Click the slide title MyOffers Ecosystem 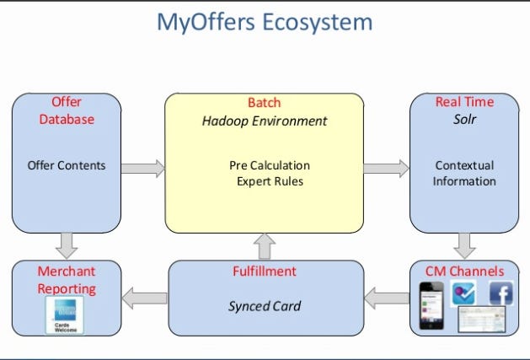[265, 22]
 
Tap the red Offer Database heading [67, 110]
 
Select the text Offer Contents [67, 165]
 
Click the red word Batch [264, 102]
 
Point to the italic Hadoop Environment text [264, 121]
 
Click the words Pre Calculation [270, 165]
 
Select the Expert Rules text [270, 181]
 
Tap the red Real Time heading [464, 102]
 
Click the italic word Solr [464, 120]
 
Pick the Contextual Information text [464, 173]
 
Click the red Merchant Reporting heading [67, 280]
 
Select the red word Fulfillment [264, 271]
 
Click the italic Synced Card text [265, 306]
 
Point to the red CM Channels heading [464, 271]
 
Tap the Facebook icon [502, 293]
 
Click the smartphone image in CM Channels [431, 306]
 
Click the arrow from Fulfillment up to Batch [265, 246]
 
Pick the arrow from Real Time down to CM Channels [464, 245]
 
